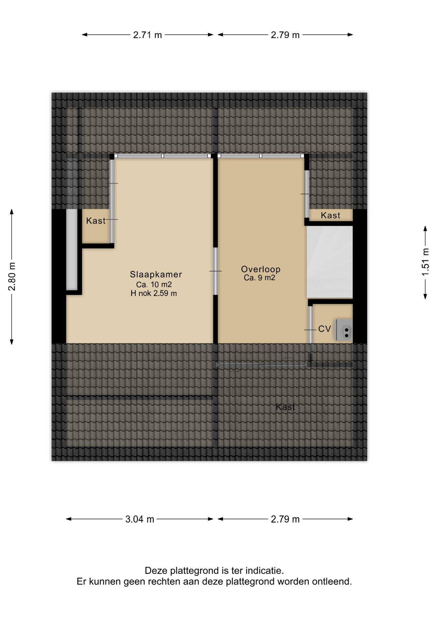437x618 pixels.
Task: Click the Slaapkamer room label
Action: coord(156,274)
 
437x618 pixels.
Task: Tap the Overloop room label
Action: coord(261,269)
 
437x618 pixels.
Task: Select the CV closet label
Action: coord(324,329)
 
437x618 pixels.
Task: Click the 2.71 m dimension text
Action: coord(147,35)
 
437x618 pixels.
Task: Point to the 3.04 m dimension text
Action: coord(140,519)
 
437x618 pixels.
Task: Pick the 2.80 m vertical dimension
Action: coord(12,277)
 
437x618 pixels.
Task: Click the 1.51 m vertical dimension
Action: coord(425,262)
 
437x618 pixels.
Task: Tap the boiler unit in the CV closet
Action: coord(344,330)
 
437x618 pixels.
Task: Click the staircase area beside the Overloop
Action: coord(330,262)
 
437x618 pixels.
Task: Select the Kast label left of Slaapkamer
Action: coord(96,221)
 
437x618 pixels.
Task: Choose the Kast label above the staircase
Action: coord(330,215)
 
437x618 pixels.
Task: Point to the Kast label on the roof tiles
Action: coord(285,407)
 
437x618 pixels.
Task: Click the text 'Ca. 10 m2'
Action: coord(154,285)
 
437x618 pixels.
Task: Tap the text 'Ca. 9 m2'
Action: coord(259,278)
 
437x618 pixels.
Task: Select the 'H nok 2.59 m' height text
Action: coord(153,293)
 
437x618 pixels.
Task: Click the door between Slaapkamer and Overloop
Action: coord(215,271)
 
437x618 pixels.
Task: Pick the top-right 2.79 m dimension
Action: coord(285,35)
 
